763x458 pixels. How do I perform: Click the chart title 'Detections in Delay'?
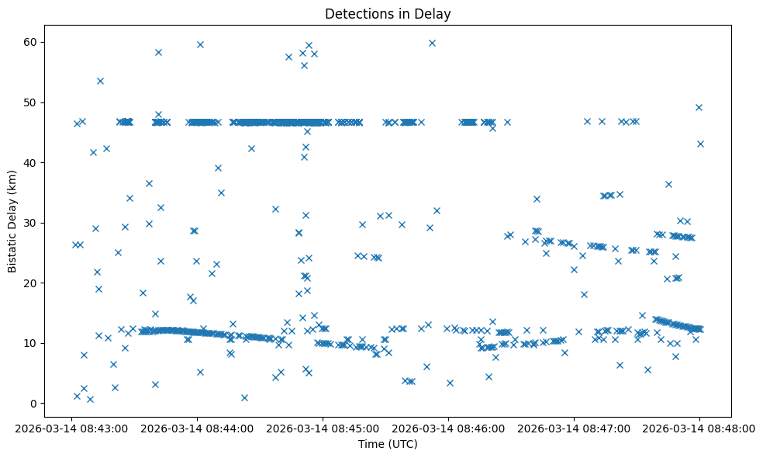[x=387, y=13]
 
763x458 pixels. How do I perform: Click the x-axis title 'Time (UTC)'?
[x=387, y=444]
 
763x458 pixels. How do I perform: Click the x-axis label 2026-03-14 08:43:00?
[x=71, y=428]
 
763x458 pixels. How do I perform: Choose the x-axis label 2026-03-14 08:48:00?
[x=699, y=428]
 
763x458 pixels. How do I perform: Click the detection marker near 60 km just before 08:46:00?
[x=432, y=43]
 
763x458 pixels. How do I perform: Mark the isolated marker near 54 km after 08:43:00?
[x=100, y=81]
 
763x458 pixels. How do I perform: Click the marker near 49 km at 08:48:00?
[x=699, y=107]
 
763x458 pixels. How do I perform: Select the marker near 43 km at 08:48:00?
[x=700, y=144]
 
